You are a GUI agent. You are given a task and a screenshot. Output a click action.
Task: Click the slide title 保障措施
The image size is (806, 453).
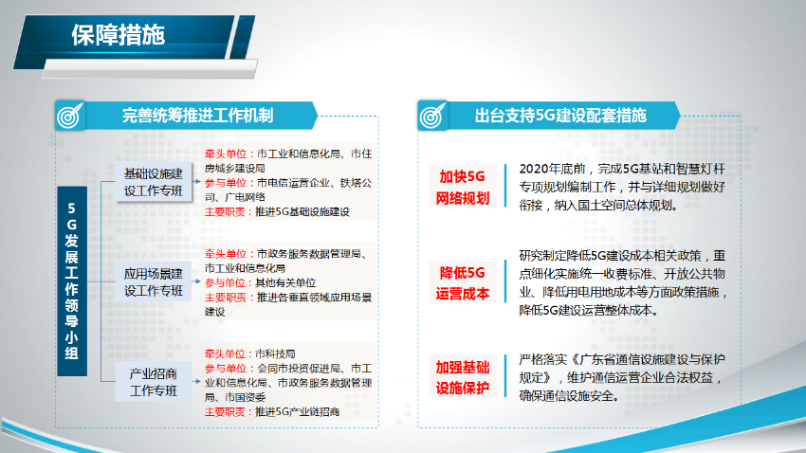tap(119, 35)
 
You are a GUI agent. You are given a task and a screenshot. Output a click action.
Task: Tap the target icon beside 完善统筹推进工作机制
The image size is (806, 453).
tap(70, 116)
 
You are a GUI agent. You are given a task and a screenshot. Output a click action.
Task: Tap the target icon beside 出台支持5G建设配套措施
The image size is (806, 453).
tap(432, 116)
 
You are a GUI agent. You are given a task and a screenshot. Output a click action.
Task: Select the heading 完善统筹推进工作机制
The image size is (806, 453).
tap(197, 116)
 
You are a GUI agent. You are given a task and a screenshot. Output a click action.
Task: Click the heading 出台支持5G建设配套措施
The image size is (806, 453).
tap(560, 116)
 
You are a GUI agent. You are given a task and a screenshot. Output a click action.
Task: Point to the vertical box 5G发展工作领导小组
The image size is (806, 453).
tap(72, 281)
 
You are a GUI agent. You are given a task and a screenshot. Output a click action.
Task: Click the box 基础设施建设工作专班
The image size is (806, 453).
tap(154, 182)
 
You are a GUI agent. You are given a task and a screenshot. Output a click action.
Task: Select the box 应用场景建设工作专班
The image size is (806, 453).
tap(154, 282)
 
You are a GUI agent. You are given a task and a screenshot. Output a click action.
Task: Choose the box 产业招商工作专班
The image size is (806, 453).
tap(154, 382)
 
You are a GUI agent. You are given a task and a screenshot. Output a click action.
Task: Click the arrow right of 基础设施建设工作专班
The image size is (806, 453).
tap(196, 181)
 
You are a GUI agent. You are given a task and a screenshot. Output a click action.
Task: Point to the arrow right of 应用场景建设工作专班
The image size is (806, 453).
tap(196, 281)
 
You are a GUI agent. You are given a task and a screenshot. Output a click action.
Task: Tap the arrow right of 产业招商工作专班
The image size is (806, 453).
tap(196, 381)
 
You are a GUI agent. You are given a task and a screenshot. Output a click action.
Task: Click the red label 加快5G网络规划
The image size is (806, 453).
tap(462, 187)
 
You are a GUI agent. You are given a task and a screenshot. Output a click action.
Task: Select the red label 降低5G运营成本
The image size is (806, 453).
tap(462, 282)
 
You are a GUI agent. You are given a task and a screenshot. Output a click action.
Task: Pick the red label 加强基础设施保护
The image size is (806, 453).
tap(462, 377)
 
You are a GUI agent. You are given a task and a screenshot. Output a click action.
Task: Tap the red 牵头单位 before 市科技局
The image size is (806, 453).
tap(225, 353)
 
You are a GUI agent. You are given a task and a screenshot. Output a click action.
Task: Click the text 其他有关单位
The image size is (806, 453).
tap(285, 283)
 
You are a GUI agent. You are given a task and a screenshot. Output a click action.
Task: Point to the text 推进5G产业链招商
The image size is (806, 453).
tap(297, 412)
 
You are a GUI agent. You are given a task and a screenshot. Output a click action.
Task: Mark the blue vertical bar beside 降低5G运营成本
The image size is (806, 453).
tap(505, 281)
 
